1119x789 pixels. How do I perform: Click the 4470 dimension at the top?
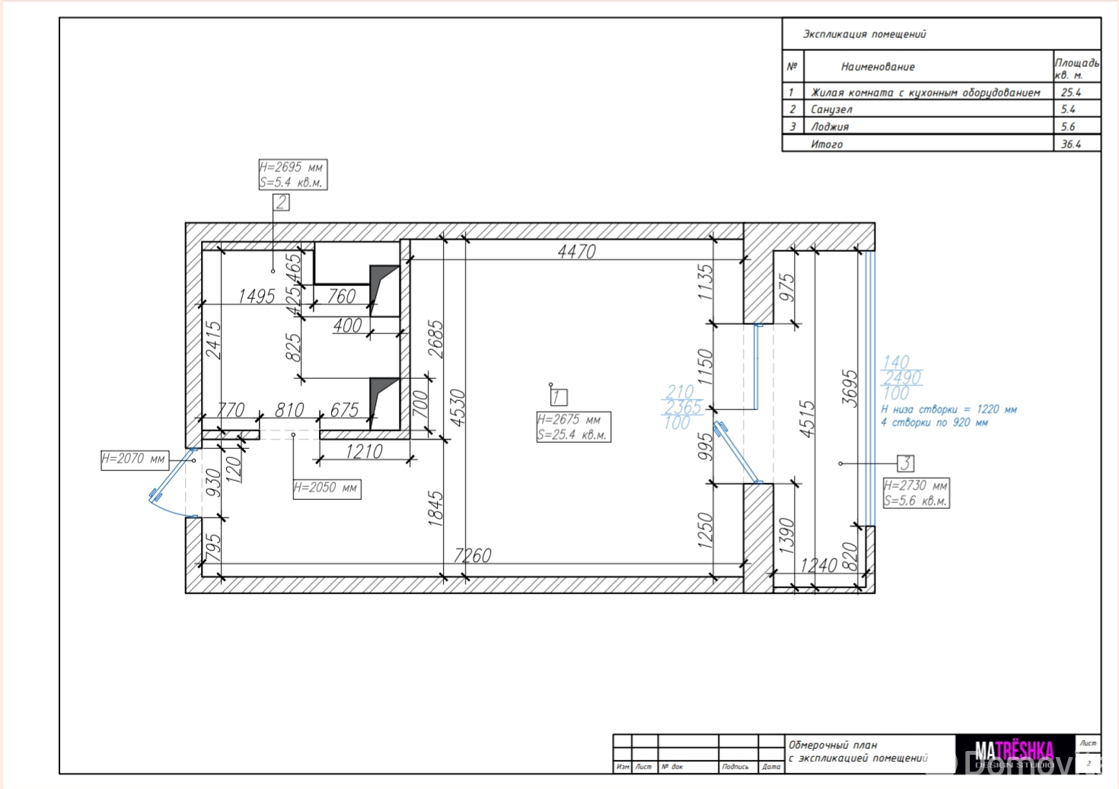coord(576,251)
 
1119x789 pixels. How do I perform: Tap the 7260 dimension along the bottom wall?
coord(472,555)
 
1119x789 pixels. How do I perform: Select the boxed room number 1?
coord(558,396)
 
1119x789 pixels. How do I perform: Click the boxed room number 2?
coord(282,202)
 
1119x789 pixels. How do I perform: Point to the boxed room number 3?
coord(905,463)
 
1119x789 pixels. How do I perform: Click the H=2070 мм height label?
coord(134,460)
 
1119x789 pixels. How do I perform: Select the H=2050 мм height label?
coord(327,488)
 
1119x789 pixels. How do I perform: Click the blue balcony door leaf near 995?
coord(735,452)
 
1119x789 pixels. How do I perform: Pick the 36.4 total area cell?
coord(1070,144)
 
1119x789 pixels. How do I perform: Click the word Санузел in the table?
coord(831,110)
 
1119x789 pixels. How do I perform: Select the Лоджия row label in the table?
coord(830,127)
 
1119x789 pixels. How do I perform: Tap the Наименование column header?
coord(878,67)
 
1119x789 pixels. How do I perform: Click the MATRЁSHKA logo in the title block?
coord(1014,754)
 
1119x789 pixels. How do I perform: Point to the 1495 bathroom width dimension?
coord(256,296)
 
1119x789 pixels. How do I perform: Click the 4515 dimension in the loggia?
coord(807,418)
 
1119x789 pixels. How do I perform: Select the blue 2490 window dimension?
coord(902,377)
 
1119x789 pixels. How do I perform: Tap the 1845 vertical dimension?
coord(435,508)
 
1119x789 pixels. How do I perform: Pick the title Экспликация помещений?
coord(864,34)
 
